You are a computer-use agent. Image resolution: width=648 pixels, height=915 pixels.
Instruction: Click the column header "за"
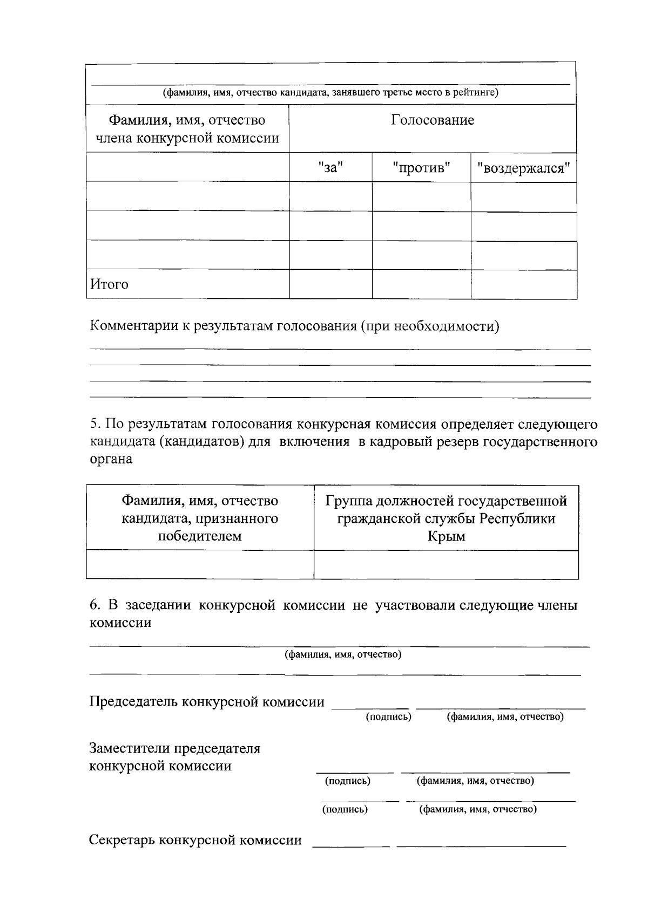tap(330, 168)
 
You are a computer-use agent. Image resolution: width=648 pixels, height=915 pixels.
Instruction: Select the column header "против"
tap(421, 168)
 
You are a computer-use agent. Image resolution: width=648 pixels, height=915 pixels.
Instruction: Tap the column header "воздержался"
tap(523, 168)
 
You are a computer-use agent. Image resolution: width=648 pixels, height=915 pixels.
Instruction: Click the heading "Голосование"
tap(433, 120)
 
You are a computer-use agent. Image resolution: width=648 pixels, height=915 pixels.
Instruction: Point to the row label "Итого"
tap(109, 284)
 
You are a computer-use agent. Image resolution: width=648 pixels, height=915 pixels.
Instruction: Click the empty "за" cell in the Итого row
tap(330, 284)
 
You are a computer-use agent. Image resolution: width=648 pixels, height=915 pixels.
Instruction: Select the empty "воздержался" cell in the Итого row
tap(523, 284)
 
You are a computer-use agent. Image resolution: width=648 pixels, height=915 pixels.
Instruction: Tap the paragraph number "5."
tap(95, 424)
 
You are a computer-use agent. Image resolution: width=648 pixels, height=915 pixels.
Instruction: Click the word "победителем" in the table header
tap(200, 536)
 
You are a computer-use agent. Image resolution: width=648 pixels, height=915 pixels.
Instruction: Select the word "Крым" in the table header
tap(446, 536)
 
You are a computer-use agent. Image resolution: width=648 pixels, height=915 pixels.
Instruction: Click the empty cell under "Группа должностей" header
tap(446, 564)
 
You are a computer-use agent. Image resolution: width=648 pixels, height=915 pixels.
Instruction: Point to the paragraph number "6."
tap(95, 605)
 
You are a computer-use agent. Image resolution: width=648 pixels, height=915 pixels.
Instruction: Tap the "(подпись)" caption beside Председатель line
tap(389, 716)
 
